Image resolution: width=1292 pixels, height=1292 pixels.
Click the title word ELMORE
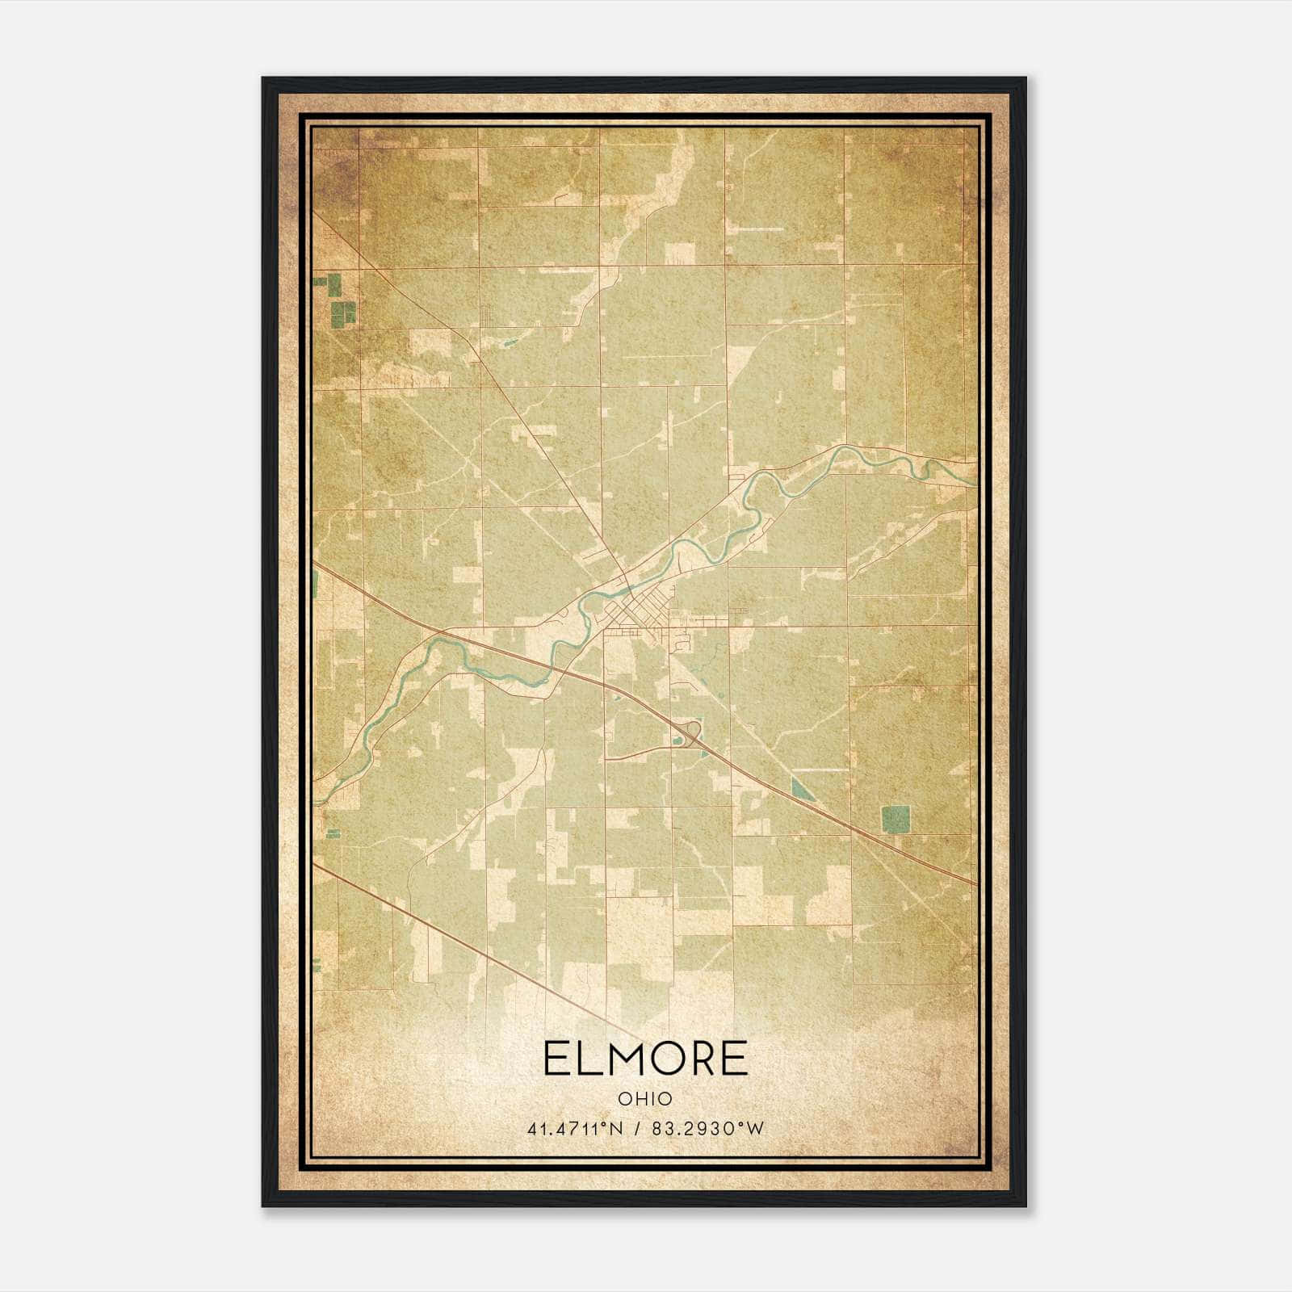(645, 1059)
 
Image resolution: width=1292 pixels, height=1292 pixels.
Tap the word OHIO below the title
(645, 1098)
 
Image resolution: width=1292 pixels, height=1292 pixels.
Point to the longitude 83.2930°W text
(711, 1129)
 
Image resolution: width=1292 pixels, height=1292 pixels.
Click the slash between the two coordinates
(640, 1129)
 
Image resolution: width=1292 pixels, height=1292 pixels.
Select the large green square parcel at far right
(895, 819)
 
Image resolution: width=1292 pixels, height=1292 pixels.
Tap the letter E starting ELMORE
(555, 1059)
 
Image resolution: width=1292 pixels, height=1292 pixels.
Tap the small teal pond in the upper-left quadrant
(510, 342)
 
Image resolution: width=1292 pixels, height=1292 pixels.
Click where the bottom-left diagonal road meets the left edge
(316, 865)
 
